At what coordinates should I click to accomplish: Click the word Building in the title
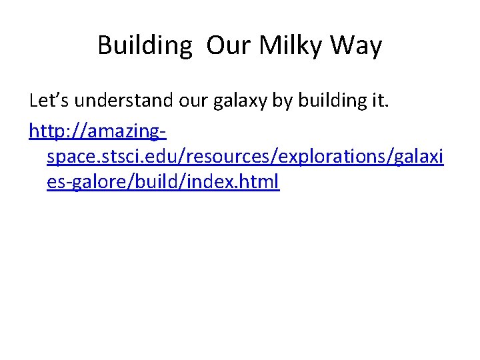pyautogui.click(x=144, y=46)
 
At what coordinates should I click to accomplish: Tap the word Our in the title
pyautogui.click(x=228, y=46)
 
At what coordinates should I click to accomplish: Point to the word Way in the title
pyautogui.click(x=357, y=46)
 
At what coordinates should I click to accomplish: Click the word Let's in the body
pyautogui.click(x=50, y=101)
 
